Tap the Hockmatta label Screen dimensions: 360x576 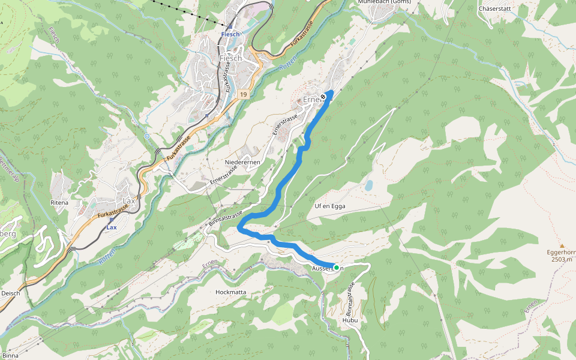(x=230, y=292)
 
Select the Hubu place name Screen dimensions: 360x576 (x=350, y=320)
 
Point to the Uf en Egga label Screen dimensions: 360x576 (x=330, y=206)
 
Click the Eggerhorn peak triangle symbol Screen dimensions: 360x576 (x=562, y=246)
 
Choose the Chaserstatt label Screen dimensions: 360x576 (x=494, y=9)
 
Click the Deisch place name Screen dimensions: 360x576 (x=11, y=293)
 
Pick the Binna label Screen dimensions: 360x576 (x=10, y=356)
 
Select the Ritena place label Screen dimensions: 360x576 (x=59, y=203)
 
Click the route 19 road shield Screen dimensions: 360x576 (x=243, y=95)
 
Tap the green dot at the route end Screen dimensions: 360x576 (x=337, y=268)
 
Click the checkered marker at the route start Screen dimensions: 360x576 (x=323, y=96)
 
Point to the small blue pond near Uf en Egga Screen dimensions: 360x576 (x=368, y=185)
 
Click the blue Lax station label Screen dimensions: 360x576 (x=112, y=228)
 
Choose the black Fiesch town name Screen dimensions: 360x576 (x=230, y=58)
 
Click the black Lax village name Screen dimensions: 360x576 (x=128, y=200)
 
